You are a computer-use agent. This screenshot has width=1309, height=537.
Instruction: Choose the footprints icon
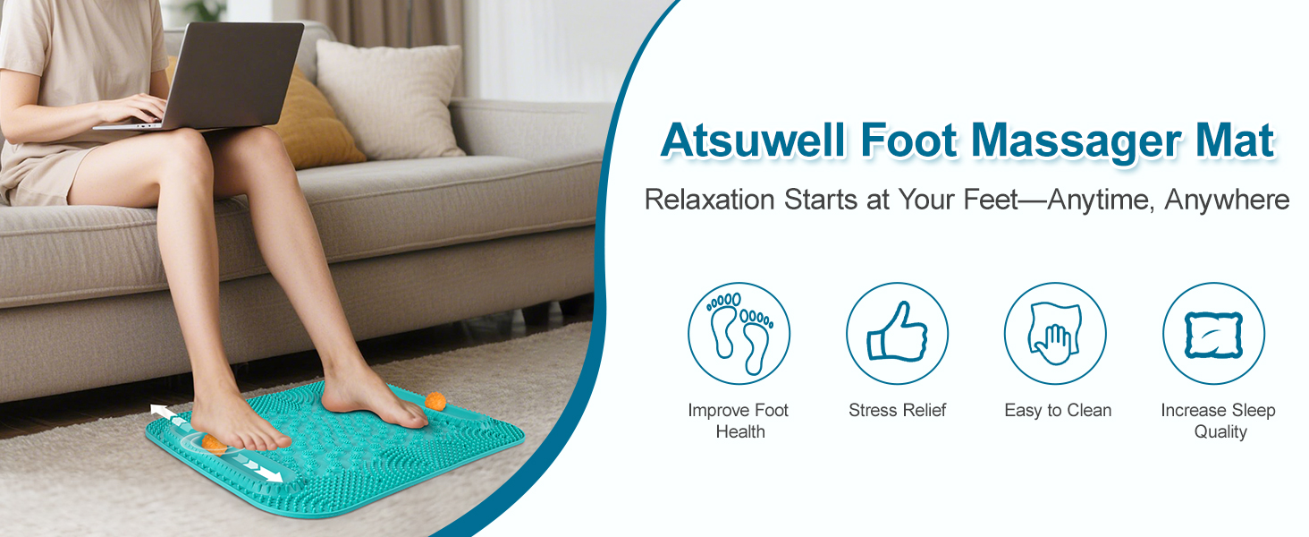[739, 333]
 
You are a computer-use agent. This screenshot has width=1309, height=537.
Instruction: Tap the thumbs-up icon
[897, 333]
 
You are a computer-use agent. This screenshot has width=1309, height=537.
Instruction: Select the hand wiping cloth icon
[1055, 333]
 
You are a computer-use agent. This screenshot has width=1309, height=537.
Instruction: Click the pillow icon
[1213, 333]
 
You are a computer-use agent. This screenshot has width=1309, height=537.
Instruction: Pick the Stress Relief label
[897, 411]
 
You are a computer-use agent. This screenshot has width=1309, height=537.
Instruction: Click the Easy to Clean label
[1058, 411]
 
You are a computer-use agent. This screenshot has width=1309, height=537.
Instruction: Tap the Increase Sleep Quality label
[1218, 421]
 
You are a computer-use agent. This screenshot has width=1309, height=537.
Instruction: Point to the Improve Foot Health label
[739, 421]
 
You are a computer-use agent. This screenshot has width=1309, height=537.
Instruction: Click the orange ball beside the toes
[435, 401]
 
